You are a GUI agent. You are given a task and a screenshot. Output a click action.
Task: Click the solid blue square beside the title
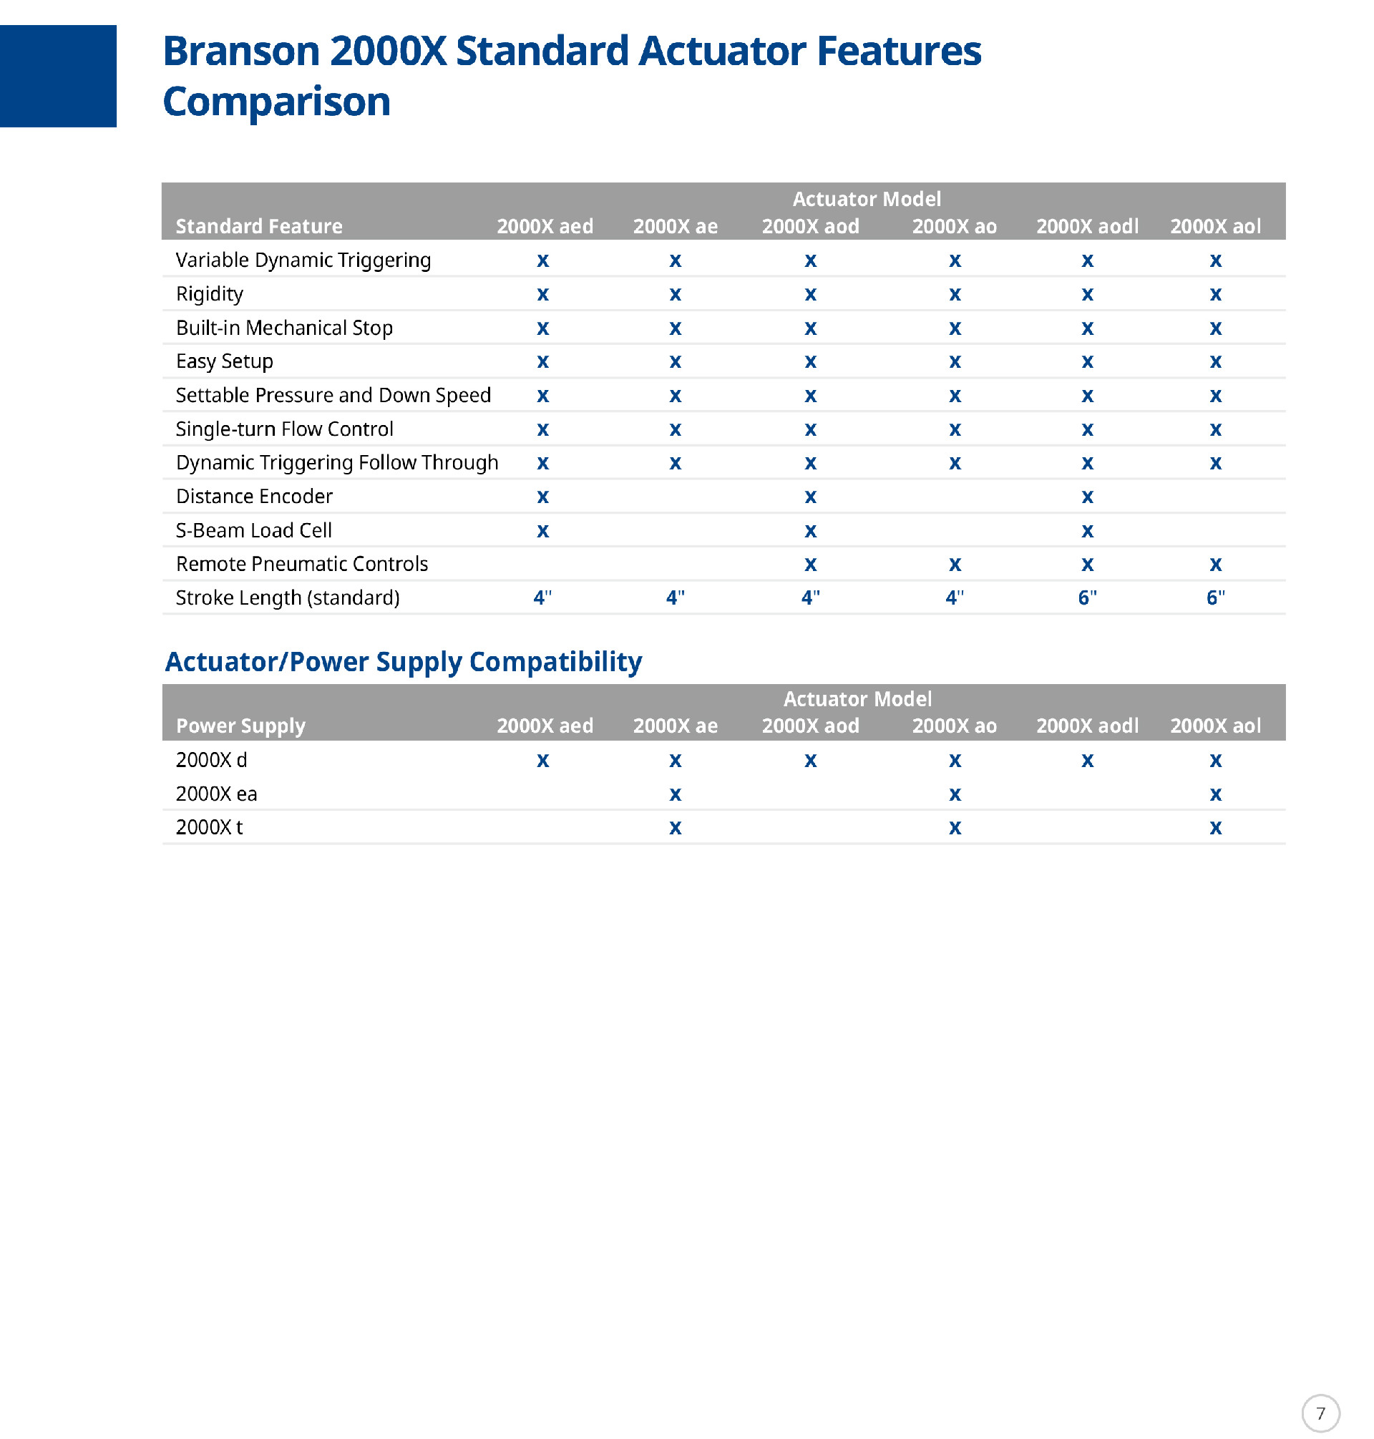[58, 76]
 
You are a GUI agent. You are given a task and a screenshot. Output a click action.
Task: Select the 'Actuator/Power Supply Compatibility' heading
[403, 661]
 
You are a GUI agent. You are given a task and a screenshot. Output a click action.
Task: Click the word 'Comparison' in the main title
[276, 101]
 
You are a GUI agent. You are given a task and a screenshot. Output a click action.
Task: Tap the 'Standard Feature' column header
[258, 226]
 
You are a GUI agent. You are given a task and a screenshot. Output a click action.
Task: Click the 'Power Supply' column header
[240, 726]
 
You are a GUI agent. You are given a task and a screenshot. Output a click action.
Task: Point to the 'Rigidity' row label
[210, 293]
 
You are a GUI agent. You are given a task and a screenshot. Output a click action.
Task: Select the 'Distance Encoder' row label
[254, 497]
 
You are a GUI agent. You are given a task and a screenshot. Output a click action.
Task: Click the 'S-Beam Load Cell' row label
[253, 530]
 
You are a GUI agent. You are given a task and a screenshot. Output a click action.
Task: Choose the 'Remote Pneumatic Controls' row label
[302, 564]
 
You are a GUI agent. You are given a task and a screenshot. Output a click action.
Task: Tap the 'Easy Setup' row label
[224, 361]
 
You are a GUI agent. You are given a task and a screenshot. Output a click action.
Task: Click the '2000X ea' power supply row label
[216, 794]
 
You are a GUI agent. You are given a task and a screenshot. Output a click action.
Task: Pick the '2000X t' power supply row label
[209, 827]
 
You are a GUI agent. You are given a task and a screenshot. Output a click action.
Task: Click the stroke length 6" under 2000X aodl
[1087, 597]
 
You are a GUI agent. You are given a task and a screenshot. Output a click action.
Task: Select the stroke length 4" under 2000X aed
[542, 597]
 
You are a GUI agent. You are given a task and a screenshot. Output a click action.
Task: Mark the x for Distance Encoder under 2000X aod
[810, 497]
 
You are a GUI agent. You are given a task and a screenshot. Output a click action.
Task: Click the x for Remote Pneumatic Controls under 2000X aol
[1215, 565]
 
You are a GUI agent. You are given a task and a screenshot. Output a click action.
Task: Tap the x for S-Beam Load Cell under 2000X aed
[542, 531]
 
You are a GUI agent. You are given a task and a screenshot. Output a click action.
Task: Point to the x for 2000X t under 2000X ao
[955, 828]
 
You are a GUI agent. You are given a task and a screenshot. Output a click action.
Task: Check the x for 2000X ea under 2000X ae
[675, 794]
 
